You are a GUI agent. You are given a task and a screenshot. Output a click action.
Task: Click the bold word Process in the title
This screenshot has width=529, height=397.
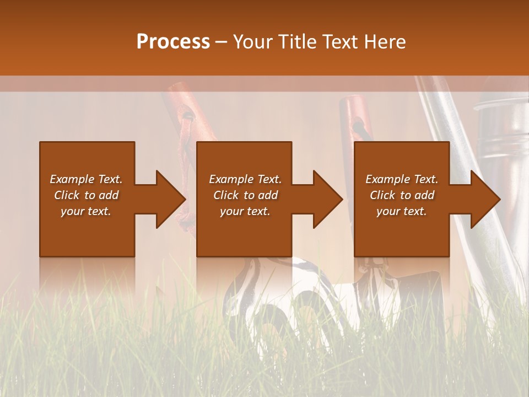(173, 41)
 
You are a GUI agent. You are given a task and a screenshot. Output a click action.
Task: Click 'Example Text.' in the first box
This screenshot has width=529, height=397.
(86, 179)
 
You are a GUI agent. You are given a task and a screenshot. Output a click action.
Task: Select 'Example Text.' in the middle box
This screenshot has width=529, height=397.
(245, 179)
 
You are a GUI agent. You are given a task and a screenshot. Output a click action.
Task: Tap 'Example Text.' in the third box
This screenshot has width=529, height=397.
(402, 179)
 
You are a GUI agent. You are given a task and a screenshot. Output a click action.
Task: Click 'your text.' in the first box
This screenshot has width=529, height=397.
(86, 211)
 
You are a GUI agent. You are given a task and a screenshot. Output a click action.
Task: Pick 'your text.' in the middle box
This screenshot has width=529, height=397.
(245, 211)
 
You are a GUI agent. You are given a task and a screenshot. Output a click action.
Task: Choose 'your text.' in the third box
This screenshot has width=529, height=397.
(402, 211)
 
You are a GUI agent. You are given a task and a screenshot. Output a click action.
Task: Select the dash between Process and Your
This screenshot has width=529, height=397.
(221, 42)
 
